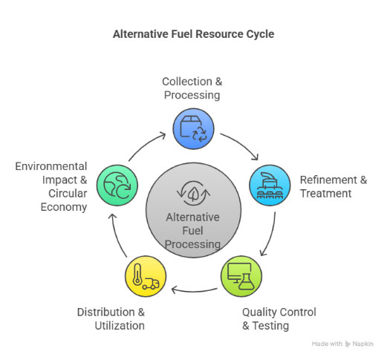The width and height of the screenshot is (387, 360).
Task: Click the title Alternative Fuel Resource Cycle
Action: click(193, 34)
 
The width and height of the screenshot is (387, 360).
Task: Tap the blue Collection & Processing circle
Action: click(193, 128)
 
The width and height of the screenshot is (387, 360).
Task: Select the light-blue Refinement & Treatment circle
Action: click(270, 185)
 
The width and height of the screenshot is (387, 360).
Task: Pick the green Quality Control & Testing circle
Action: click(241, 276)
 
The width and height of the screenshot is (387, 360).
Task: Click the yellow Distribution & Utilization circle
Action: click(146, 276)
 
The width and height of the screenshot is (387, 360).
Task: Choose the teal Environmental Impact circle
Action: click(117, 185)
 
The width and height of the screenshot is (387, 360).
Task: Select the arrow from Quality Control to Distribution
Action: click(195, 291)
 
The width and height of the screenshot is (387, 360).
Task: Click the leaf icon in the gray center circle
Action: click(193, 194)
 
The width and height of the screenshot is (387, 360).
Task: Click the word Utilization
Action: click(120, 326)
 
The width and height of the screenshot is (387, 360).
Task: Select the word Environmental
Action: click(51, 166)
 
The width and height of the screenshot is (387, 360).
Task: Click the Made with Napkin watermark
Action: click(342, 344)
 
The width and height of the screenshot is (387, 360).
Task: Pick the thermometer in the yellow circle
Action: click(137, 275)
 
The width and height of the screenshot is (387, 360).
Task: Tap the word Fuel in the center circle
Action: click(192, 231)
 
